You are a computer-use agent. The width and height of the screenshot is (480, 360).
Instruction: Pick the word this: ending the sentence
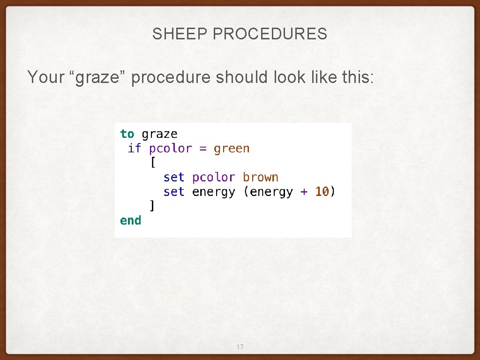click(x=358, y=77)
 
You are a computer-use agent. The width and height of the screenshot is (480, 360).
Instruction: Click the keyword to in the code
click(x=127, y=134)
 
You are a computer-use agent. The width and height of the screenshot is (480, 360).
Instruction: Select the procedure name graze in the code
click(x=159, y=135)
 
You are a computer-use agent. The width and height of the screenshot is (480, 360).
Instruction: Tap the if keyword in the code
click(x=134, y=149)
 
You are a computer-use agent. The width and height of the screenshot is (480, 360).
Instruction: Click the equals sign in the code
click(x=203, y=149)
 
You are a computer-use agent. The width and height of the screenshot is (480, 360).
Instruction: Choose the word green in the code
click(x=232, y=149)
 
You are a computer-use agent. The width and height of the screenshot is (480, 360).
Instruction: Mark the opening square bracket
click(x=152, y=163)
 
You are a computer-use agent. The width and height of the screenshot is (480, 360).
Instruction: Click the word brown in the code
click(x=261, y=178)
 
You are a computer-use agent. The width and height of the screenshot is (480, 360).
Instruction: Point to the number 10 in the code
click(x=322, y=192)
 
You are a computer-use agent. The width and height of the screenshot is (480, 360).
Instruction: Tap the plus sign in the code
click(x=304, y=192)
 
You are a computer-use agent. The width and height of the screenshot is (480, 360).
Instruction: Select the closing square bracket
click(x=152, y=206)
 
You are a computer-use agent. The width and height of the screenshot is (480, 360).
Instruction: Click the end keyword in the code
click(x=130, y=220)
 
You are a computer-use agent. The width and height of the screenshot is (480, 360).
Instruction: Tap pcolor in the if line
click(x=171, y=149)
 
